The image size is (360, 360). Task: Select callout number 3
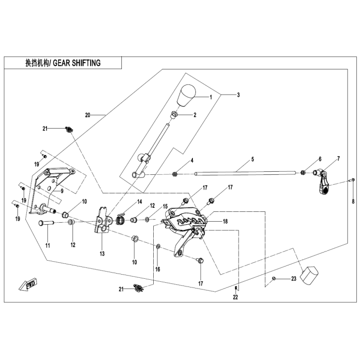238,95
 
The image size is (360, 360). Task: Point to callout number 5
253,160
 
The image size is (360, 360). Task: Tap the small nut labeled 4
176,174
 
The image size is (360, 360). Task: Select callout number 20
87,115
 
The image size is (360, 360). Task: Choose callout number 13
102,254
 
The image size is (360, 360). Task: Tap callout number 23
294,279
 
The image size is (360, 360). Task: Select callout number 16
158,268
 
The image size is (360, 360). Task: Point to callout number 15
165,206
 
